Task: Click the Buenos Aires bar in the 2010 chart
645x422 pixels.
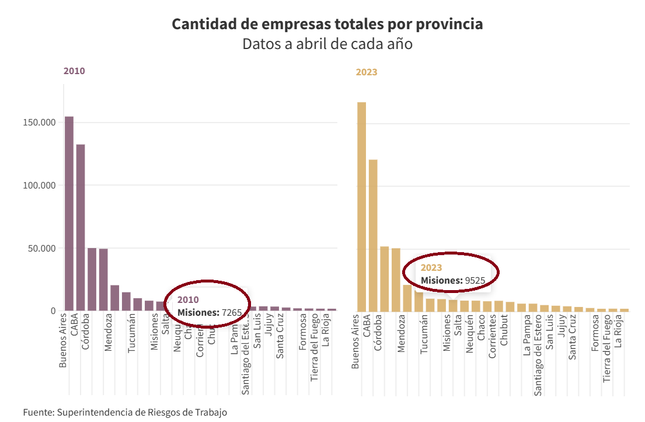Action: click(x=69, y=213)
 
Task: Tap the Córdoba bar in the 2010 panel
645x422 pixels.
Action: click(x=92, y=279)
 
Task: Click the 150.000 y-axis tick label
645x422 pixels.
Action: click(x=36, y=123)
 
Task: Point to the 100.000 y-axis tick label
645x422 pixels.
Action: click(x=36, y=186)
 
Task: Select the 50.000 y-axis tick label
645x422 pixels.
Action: click(x=39, y=248)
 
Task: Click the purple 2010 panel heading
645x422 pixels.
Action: click(x=74, y=71)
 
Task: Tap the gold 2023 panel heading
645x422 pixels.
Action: click(x=367, y=72)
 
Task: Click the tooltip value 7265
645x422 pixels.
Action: click(x=232, y=313)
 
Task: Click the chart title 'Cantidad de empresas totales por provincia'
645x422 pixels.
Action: click(x=327, y=25)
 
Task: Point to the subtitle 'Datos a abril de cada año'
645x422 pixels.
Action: click(x=327, y=44)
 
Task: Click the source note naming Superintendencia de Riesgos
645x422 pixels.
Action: click(x=125, y=412)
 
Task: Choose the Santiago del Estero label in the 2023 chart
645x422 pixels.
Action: click(x=538, y=354)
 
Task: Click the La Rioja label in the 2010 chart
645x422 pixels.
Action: click(x=326, y=332)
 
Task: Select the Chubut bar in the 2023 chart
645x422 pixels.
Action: click(x=510, y=306)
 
